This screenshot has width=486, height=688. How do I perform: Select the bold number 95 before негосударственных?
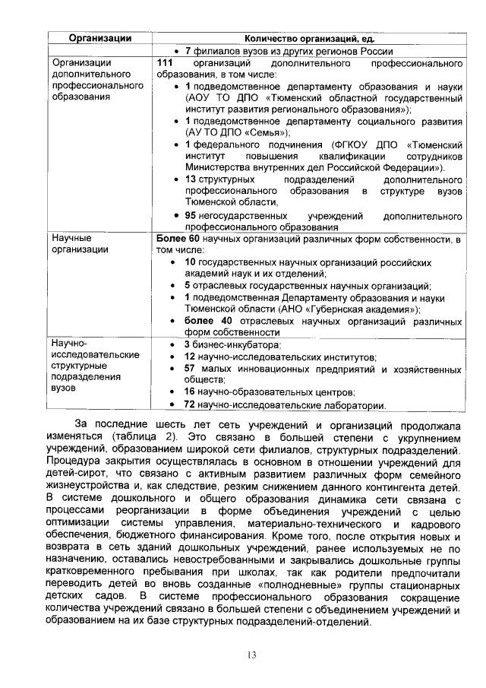[x=191, y=216]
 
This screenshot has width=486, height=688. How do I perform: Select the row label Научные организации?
[x=76, y=245]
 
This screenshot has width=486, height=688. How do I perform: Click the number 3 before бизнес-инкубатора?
[x=187, y=345]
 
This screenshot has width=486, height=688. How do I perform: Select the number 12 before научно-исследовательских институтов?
[x=191, y=357]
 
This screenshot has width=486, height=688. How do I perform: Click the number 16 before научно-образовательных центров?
[x=191, y=392]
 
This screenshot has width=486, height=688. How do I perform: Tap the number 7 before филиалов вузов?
[x=188, y=51]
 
